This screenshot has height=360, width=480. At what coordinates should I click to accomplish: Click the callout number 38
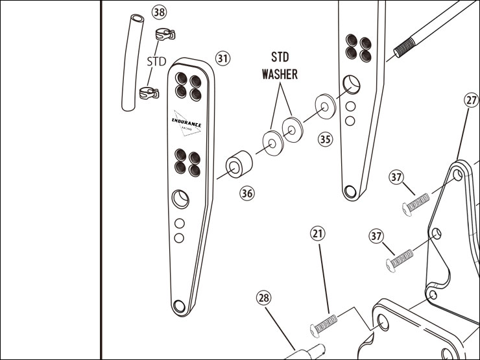[158, 12]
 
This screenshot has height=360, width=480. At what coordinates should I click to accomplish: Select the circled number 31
[222, 58]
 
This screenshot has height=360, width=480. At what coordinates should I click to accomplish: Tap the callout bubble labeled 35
[324, 139]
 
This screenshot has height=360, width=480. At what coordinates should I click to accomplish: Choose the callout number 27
[472, 100]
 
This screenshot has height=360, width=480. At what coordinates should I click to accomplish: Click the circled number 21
[318, 233]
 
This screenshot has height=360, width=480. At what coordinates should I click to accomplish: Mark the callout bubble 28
[263, 298]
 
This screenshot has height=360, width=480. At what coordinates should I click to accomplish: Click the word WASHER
[280, 74]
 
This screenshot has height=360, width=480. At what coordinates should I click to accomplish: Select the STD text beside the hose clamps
[156, 62]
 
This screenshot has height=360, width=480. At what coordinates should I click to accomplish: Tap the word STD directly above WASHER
[280, 57]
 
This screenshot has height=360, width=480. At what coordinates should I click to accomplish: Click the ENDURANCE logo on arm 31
[187, 124]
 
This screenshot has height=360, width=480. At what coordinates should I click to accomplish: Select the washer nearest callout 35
[324, 106]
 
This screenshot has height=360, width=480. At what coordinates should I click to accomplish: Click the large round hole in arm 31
[180, 198]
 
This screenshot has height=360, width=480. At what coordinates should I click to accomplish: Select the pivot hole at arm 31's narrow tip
[185, 305]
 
